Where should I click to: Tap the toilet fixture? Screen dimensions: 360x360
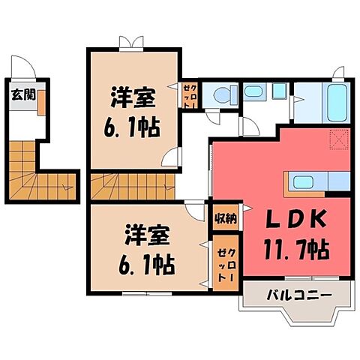(221, 94)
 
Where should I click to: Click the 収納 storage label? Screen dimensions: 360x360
(223, 219)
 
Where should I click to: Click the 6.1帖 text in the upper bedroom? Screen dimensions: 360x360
(133, 125)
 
